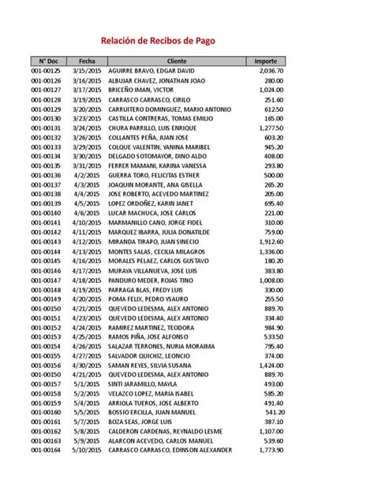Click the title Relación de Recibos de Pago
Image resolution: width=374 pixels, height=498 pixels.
pos(156,41)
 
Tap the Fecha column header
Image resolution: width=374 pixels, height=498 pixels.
pos(87,61)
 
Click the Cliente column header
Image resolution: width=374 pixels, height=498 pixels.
pos(177,61)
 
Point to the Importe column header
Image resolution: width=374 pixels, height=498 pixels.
pos(266,61)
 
